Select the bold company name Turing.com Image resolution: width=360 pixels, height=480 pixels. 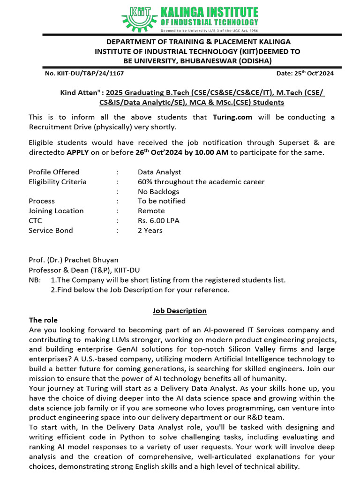coord(232,117)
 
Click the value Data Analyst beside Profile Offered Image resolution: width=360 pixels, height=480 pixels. coord(159,172)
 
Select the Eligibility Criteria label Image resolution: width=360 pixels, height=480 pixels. coord(58,182)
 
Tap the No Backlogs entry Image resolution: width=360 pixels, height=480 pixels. coord(158,191)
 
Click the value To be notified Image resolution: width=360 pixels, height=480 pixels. coord(162,201)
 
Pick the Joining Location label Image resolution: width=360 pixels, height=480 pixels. coord(56,211)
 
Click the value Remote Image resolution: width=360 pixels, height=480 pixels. coord(151,211)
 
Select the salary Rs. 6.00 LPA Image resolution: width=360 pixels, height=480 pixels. coord(158,221)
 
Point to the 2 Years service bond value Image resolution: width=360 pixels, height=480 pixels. coord(150,231)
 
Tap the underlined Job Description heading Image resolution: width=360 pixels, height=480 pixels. coord(180,311)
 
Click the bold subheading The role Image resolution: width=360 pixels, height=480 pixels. coord(43,320)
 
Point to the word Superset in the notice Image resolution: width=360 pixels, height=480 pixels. coord(261,142)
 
